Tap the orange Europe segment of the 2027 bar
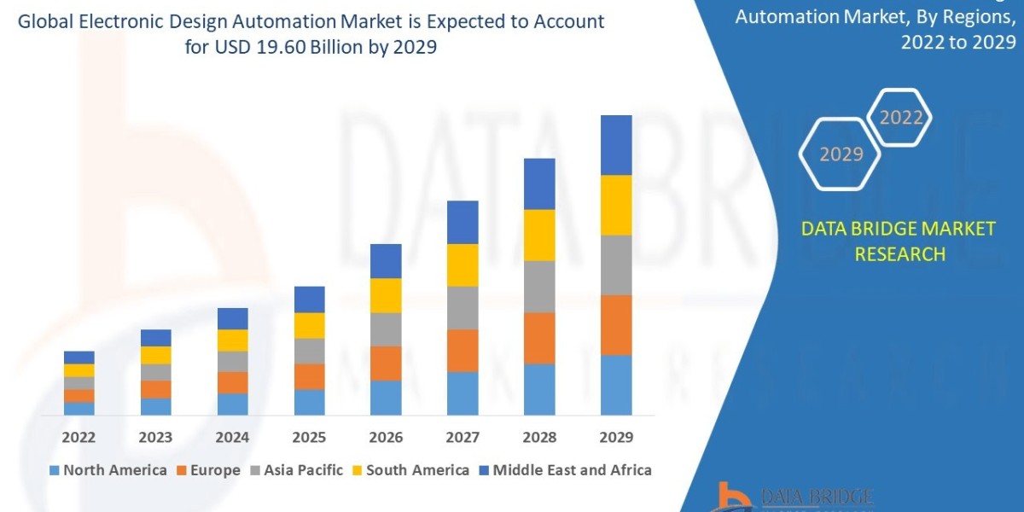tap(463, 350)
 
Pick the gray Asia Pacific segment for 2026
tap(386, 329)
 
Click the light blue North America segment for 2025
tap(309, 402)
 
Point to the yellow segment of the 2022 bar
tap(79, 370)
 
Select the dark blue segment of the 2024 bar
tap(232, 318)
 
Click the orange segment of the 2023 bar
tap(155, 389)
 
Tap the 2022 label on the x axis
tap(79, 437)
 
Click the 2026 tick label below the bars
tap(386, 437)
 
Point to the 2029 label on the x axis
tap(616, 437)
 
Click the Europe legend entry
tap(208, 470)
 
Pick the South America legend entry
tap(410, 470)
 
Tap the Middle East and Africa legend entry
tap(564, 470)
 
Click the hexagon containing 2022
tap(899, 118)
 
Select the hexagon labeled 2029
tap(840, 154)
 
